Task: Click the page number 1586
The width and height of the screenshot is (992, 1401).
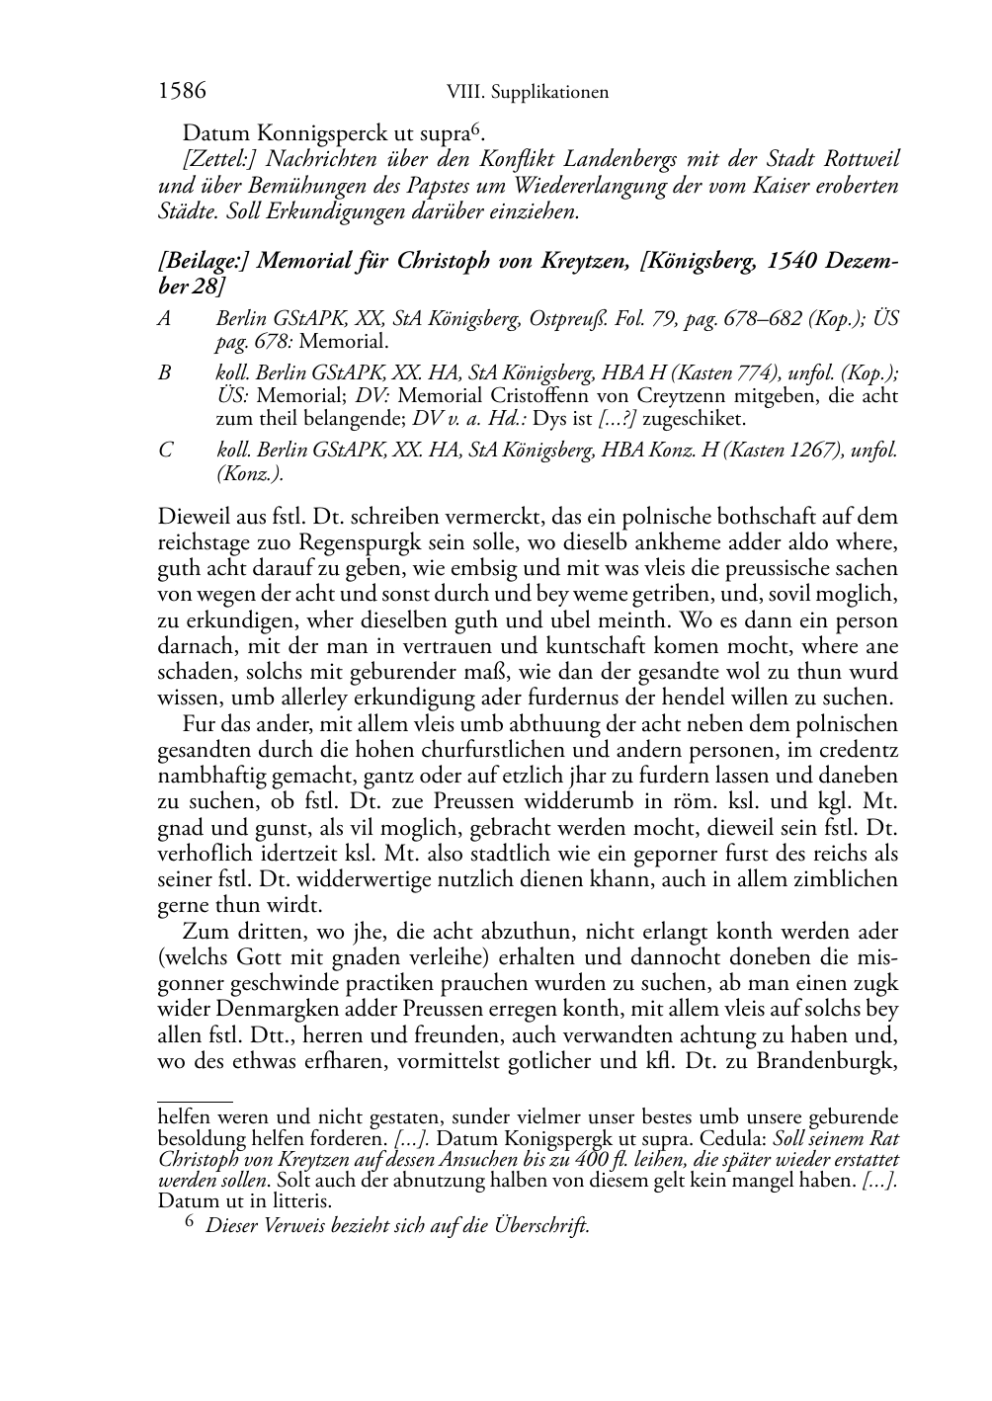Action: tap(182, 92)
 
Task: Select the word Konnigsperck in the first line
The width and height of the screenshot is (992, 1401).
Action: tap(316, 131)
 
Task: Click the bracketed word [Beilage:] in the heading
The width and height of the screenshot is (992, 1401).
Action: tap(204, 263)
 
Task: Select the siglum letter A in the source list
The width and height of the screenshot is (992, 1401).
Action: tap(165, 320)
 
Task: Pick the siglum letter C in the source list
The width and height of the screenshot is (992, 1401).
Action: tap(165, 451)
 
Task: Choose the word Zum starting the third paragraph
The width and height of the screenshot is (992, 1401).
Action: tap(204, 931)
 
